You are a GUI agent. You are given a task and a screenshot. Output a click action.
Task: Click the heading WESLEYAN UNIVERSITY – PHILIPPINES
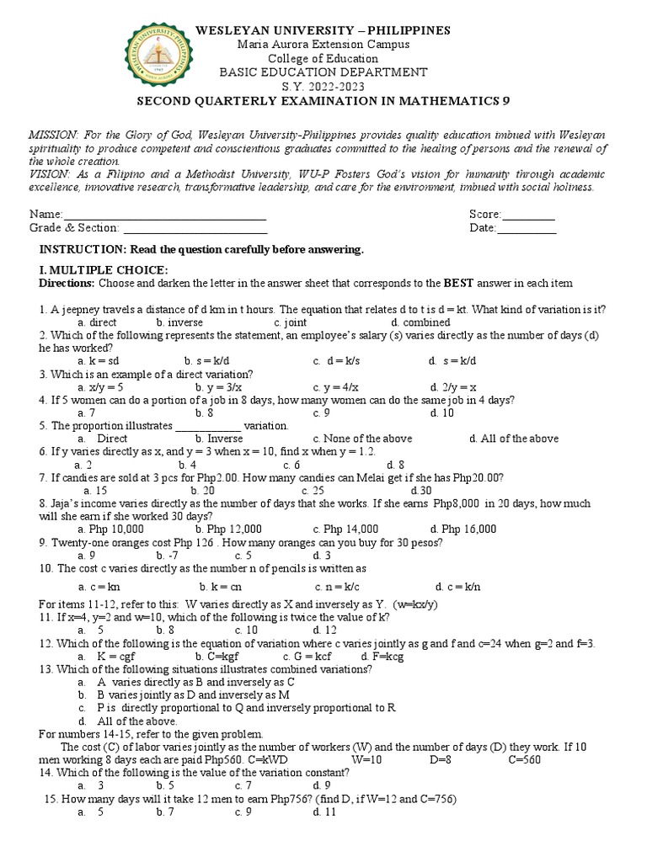[323, 30]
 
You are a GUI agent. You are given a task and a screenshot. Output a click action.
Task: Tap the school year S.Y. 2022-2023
[323, 87]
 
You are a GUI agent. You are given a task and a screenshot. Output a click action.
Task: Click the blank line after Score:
[528, 215]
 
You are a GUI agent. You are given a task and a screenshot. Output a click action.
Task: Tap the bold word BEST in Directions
[460, 283]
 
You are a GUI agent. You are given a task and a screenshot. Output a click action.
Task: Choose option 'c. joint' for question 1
[290, 322]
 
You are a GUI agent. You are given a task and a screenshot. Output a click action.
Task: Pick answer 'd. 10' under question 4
[441, 413]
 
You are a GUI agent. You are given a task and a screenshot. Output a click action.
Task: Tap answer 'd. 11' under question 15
[324, 812]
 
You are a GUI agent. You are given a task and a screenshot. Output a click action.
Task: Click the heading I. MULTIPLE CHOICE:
[104, 269]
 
